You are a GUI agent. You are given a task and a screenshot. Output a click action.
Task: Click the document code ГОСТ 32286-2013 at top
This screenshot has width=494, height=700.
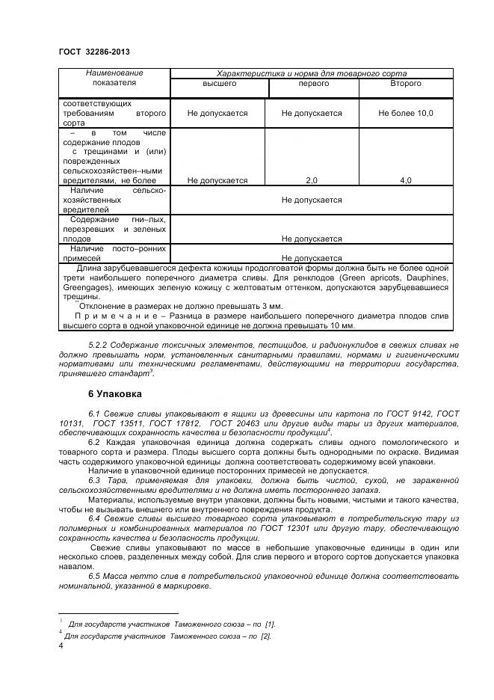click(93, 52)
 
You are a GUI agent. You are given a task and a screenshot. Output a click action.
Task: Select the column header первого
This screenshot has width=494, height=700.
click(312, 84)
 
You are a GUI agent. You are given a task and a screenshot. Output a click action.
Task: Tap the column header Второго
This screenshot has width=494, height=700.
click(405, 84)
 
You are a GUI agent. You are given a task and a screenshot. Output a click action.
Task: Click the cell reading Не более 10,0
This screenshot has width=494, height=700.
click(405, 113)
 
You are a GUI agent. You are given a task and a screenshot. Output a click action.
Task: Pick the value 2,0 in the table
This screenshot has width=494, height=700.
click(312, 180)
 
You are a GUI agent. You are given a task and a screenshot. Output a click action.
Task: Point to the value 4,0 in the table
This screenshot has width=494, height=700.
click(405, 180)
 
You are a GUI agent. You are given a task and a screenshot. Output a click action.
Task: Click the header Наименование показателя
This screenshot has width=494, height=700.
click(114, 79)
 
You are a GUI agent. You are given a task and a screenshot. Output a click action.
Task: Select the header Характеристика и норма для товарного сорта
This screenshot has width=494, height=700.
click(311, 73)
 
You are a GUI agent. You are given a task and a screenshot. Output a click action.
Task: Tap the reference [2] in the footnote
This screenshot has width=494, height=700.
click(265, 636)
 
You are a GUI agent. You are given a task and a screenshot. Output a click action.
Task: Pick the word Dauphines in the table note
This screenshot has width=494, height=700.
click(427, 276)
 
